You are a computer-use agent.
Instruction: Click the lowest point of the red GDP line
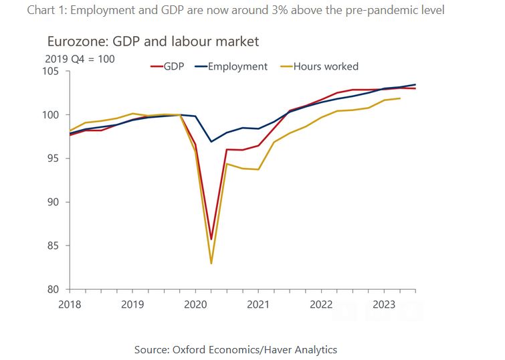click(x=211, y=239)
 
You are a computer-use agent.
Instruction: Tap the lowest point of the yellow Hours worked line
click(x=211, y=263)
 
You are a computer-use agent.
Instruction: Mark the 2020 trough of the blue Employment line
click(x=211, y=142)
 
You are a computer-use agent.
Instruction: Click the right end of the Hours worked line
click(x=400, y=98)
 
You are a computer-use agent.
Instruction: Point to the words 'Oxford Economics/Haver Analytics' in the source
click(x=262, y=349)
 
